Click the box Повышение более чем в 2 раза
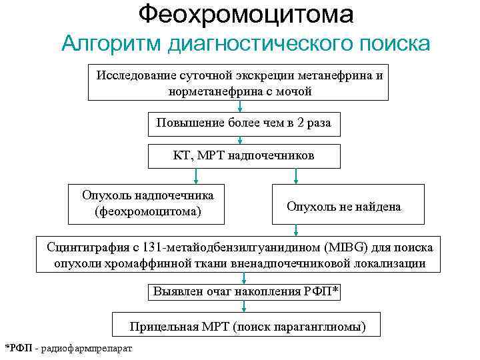pyautogui.click(x=243, y=123)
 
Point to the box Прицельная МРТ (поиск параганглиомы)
pyautogui.click(x=247, y=327)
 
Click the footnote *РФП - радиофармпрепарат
pyautogui.click(x=69, y=349)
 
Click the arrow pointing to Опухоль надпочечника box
pyautogui.click(x=195, y=175)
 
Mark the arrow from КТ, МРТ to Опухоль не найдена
pyautogui.click(x=297, y=175)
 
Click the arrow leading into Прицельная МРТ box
pyautogui.click(x=244, y=307)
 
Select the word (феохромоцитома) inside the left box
pyautogui.click(x=148, y=212)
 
